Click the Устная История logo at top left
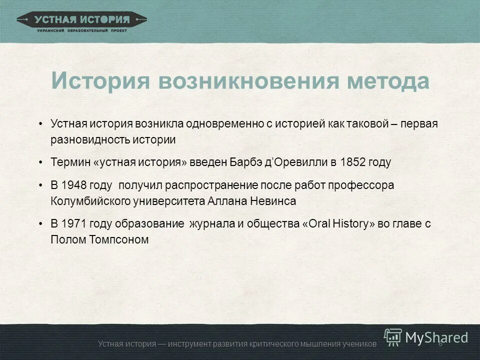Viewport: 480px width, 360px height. [x=81, y=21]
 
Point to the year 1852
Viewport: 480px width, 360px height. [x=353, y=162]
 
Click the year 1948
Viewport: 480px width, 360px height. [x=74, y=185]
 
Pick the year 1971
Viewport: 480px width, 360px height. [x=74, y=223]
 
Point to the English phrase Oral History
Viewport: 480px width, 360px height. [x=338, y=223]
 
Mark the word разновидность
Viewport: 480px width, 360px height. [x=90, y=139]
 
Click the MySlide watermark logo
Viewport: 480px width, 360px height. [x=426, y=337]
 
